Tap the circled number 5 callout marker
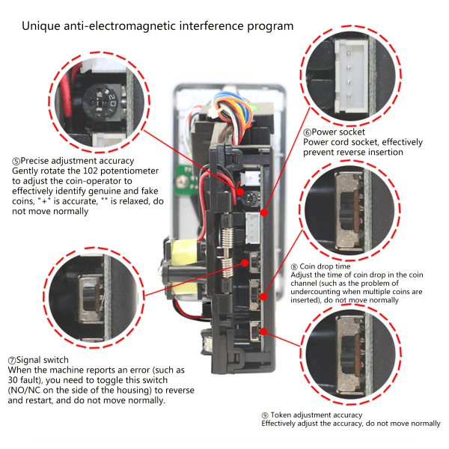point(16,161)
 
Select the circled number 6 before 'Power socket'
point(307,132)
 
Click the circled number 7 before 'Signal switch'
point(12,360)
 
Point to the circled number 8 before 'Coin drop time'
point(294,267)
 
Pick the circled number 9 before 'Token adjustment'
point(265,415)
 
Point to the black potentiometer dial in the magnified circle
point(103,102)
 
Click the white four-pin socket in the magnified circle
point(352,76)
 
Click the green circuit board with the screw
point(186,180)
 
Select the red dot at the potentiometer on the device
point(240,192)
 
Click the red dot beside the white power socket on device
point(264,213)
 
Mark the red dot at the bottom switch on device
point(263,332)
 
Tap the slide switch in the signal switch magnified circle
point(91,298)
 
